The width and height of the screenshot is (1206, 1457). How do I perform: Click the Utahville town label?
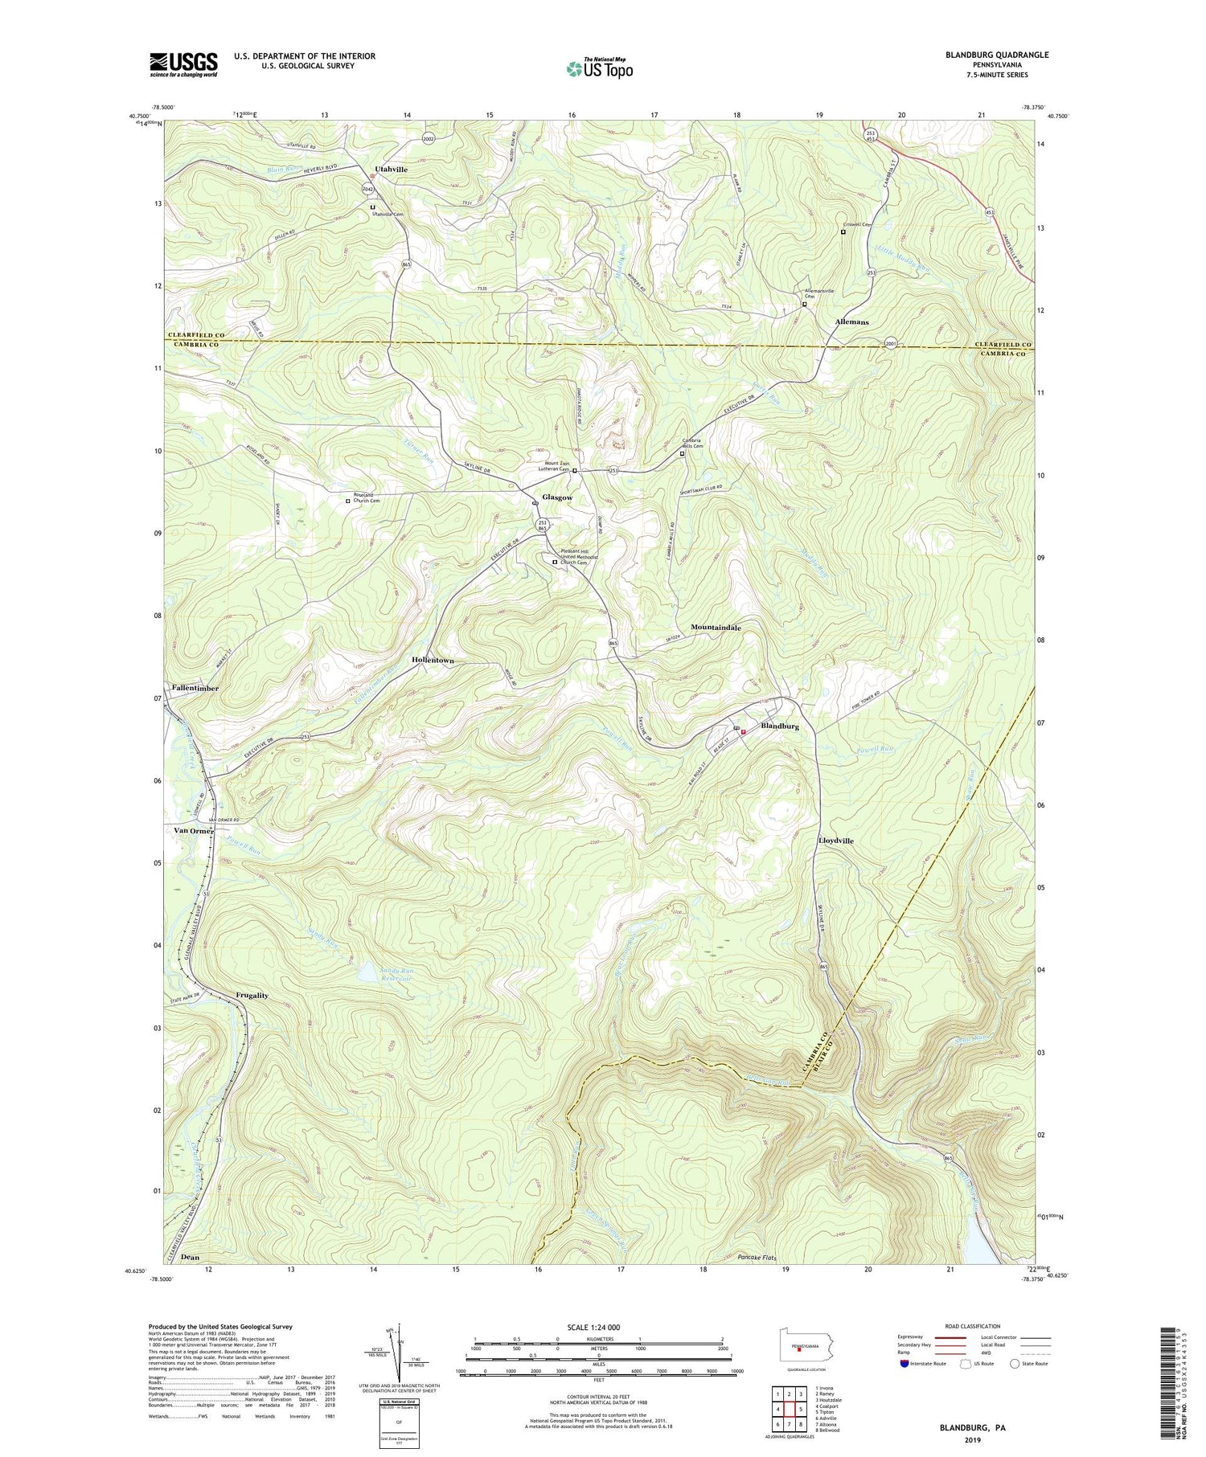tap(392, 170)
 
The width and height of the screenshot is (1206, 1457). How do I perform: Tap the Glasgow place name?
tap(556, 497)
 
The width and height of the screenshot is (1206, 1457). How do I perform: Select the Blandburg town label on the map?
tap(779, 726)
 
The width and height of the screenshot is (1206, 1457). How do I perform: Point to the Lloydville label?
tap(835, 841)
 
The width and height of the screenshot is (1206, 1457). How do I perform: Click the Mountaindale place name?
tap(716, 627)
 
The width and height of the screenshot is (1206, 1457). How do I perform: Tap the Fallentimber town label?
tap(195, 688)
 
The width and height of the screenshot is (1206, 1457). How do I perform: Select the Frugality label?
tap(252, 995)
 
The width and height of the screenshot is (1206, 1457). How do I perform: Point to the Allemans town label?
tap(851, 321)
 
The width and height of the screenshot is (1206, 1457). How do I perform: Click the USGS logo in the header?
tap(183, 64)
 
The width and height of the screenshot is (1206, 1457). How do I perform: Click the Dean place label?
tap(190, 1257)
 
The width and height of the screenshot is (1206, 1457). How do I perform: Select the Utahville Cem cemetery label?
tap(387, 215)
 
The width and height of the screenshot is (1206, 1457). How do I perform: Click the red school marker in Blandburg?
tap(743, 731)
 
